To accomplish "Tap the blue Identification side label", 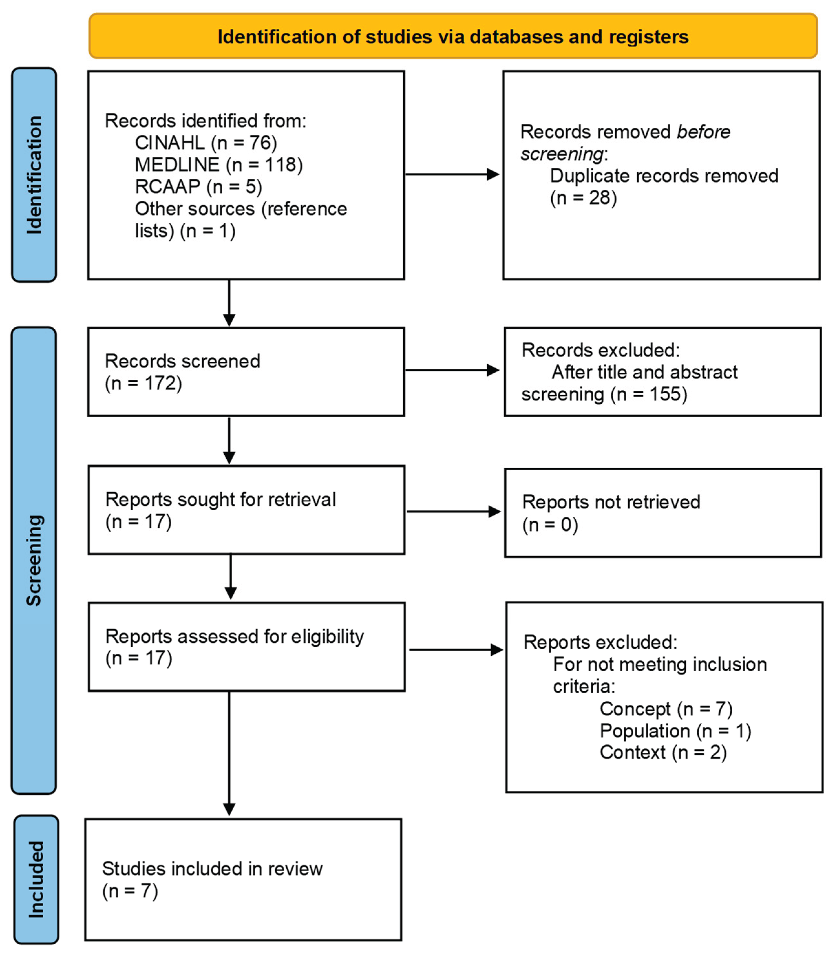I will (34, 175).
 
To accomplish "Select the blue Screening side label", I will (34, 560).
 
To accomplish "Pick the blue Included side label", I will (36, 879).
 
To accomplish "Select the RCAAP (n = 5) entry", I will (198, 186).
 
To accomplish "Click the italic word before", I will (703, 132).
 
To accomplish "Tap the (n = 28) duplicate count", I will (583, 198).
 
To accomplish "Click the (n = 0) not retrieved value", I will (550, 525).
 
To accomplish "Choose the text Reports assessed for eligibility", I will (234, 636).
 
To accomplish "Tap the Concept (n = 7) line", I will (666, 709).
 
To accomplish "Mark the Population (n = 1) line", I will (675, 731).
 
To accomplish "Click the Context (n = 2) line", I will (663, 752).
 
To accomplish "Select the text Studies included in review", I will (212, 869).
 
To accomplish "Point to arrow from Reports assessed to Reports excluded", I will (455, 650).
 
